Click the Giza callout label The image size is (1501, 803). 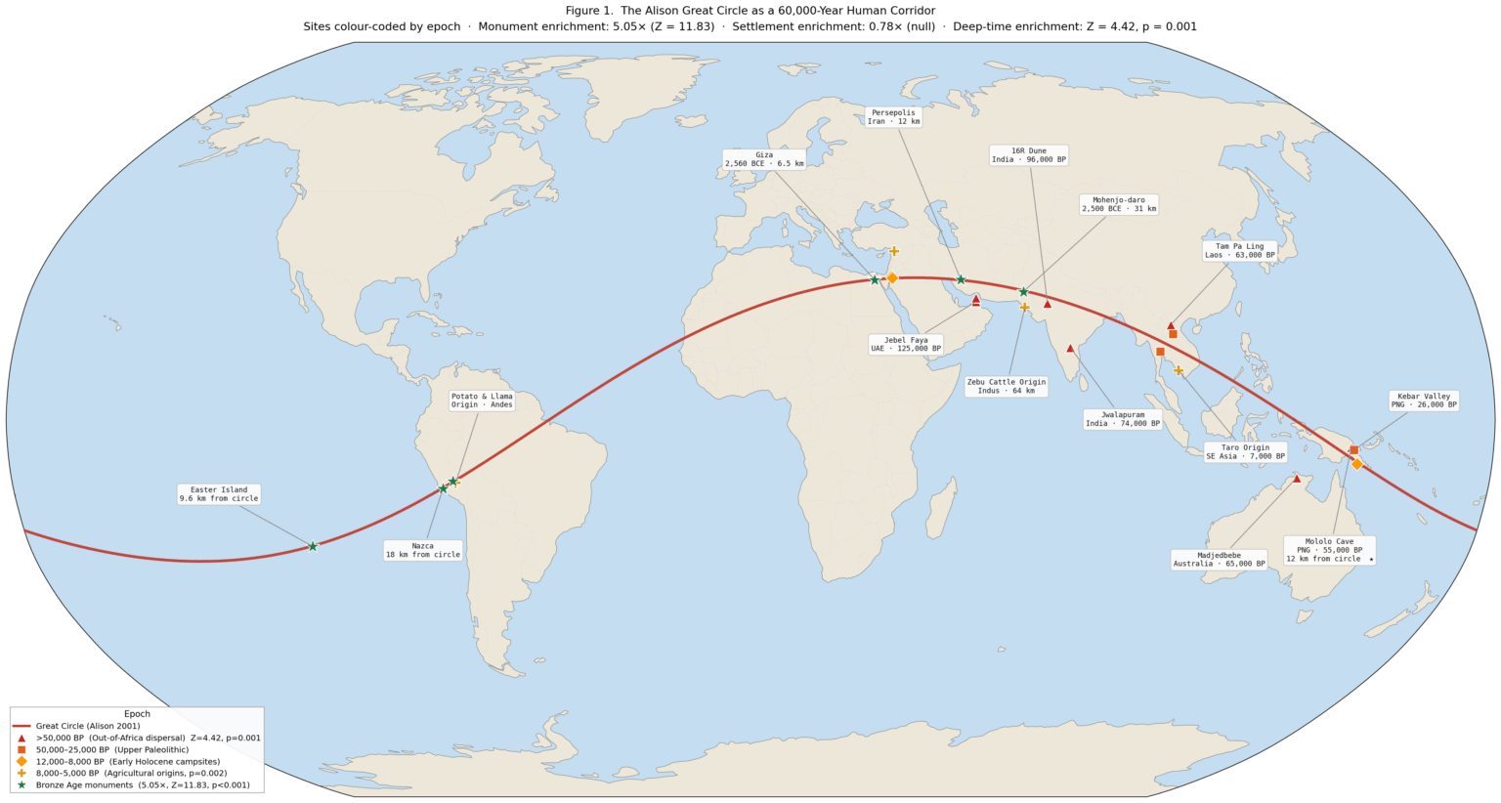click(764, 159)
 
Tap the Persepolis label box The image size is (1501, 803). click(893, 117)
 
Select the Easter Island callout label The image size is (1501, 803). click(219, 494)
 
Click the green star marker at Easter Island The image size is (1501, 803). click(313, 546)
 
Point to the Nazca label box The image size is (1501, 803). click(422, 550)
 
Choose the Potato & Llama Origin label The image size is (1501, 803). click(482, 401)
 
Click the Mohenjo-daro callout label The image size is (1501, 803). click(1118, 204)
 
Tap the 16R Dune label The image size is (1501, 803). click(1029, 155)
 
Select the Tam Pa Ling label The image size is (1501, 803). click(1239, 251)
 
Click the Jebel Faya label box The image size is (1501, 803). click(906, 344)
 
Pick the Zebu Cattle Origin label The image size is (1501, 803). click(1006, 386)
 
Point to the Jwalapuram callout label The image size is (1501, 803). click(1123, 419)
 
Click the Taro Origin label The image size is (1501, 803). click(1244, 451)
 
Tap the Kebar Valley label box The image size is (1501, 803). click(1424, 401)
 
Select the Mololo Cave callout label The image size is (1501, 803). click(1329, 550)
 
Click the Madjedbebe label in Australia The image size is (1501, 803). click(1219, 559)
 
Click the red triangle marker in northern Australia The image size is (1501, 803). click(1297, 479)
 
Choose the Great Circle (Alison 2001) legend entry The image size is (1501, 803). click(88, 726)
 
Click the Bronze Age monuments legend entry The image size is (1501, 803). click(142, 784)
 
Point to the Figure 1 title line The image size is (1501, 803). click(750, 11)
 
